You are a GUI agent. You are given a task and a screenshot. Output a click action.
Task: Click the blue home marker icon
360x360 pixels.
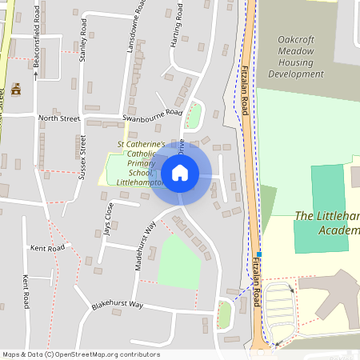coord(180,172)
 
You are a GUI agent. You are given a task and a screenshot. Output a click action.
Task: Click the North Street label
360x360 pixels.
coord(60,118)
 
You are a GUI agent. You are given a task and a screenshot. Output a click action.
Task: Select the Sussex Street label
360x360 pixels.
coord(82,157)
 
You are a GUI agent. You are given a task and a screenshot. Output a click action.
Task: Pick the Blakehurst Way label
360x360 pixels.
coord(117,305)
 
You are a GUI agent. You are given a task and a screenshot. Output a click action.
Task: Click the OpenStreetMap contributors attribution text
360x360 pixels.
coord(80,354)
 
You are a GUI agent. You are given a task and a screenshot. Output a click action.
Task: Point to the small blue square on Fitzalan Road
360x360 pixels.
coord(258,254)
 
